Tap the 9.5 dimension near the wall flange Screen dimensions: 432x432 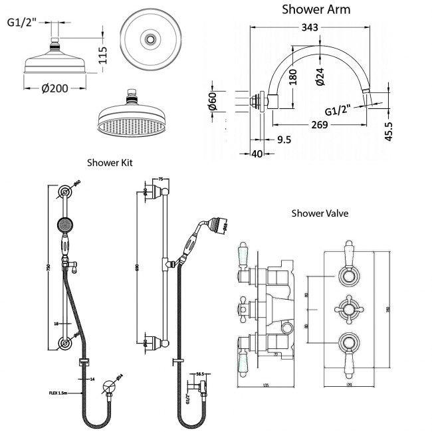(x=283, y=140)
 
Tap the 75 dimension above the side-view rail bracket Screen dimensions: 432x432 (x=162, y=179)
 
